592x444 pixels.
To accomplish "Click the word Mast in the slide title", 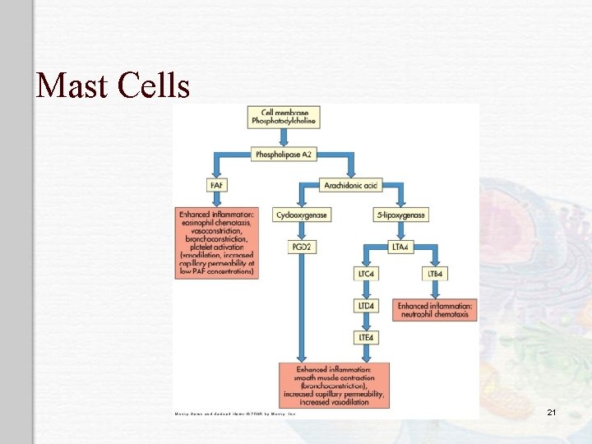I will (72, 85).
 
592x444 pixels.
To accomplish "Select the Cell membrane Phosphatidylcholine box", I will (284, 117).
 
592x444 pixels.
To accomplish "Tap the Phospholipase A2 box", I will (284, 154).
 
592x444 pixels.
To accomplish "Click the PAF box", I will (217, 186).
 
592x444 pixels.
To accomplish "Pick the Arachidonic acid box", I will (351, 186).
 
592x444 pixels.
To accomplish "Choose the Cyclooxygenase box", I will (302, 215).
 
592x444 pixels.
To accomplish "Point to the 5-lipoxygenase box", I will (400, 215).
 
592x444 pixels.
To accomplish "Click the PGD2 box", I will (302, 247).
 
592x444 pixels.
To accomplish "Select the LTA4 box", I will (400, 247).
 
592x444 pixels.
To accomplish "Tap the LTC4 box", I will (367, 274).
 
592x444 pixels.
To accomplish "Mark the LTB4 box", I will (435, 274).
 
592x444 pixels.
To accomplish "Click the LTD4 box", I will (367, 306).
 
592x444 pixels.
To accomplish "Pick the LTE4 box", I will (367, 338).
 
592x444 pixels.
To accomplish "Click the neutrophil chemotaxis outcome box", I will (435, 310).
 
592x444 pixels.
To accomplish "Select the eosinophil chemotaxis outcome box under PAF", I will (217, 243).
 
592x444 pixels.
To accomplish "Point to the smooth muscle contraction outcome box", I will (334, 386).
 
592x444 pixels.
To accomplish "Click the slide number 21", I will (552, 411).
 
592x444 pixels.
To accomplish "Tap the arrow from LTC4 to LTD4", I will (367, 290).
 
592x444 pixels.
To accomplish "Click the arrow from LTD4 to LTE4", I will (367, 322).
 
